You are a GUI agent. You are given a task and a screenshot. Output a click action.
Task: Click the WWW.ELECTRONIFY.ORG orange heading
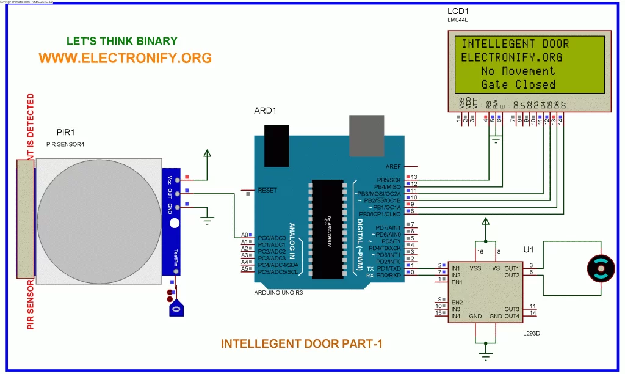pos(125,58)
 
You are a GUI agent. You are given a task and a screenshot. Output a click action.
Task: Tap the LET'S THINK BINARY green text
pos(122,42)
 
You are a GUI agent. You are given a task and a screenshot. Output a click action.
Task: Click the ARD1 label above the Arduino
pos(266,111)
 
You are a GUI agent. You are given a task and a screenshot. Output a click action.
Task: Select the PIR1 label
pos(65,132)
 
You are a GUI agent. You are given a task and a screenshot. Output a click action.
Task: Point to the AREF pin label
pos(393,166)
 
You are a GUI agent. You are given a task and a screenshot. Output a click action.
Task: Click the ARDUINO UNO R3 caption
pos(278,293)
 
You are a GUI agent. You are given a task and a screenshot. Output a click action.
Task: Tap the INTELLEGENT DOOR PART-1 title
pos(302,343)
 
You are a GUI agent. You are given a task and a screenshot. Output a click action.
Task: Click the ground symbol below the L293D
pos(486,356)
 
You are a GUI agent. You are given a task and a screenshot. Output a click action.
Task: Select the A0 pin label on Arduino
pos(244,235)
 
